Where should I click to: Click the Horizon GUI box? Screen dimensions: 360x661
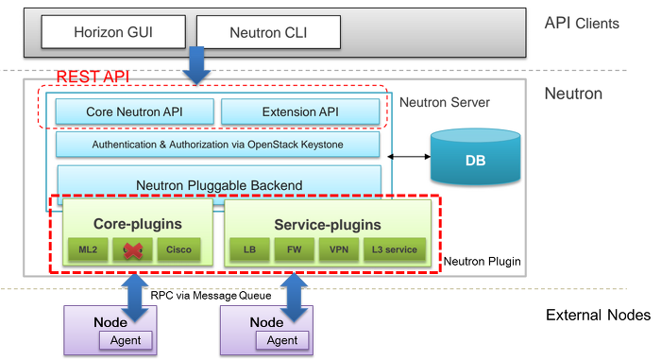tap(113, 33)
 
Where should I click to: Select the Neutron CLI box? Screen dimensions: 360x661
tap(267, 33)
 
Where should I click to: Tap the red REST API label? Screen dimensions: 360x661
tap(93, 77)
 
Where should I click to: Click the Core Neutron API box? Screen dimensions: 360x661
tap(134, 111)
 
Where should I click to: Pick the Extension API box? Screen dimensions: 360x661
tap(300, 111)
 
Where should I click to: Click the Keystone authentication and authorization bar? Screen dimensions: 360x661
tap(217, 145)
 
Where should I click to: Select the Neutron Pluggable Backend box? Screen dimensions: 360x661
tap(219, 183)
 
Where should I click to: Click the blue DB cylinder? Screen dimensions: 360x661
tap(475, 158)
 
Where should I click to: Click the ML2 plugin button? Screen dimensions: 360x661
tap(86, 250)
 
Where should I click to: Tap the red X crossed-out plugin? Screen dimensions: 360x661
tap(132, 250)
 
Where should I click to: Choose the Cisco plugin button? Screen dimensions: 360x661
tap(178, 250)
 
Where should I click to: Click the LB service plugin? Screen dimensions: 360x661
tap(249, 250)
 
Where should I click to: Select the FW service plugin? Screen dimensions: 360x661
tap(294, 250)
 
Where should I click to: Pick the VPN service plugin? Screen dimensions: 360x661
tap(339, 250)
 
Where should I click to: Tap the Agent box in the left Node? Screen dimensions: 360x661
tap(125, 340)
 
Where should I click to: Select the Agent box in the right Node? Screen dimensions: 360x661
tap(282, 340)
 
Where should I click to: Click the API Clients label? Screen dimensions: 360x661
tap(583, 23)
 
